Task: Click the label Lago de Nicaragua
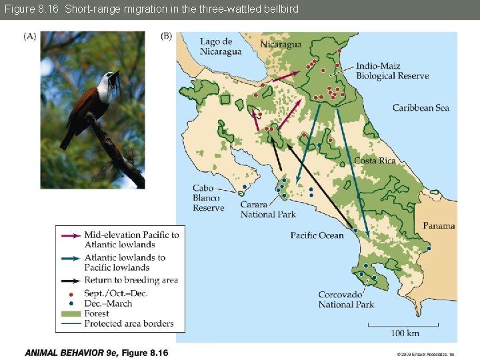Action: point(221,47)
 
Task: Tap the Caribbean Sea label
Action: point(421,107)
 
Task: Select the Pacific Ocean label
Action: point(317,235)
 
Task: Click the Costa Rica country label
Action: point(375,161)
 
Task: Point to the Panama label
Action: point(439,225)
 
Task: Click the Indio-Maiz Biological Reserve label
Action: point(392,71)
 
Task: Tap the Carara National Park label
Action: point(268,209)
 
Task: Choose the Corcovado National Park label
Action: point(346,299)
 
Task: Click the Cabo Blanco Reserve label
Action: point(209,198)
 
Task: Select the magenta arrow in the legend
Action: point(69,235)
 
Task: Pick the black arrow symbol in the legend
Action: point(69,280)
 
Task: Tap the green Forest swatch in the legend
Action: point(69,313)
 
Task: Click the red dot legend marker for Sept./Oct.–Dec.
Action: point(70,293)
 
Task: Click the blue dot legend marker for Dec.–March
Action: point(70,303)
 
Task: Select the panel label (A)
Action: point(31,36)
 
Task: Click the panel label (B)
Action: point(166,36)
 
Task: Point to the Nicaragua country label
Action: point(281,44)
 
